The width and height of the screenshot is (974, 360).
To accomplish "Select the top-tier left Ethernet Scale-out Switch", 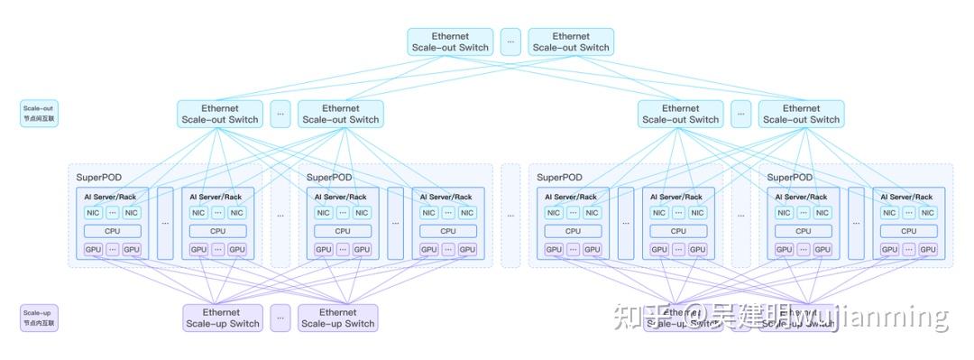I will click(449, 42).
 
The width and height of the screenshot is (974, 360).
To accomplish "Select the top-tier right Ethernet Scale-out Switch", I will click(570, 42).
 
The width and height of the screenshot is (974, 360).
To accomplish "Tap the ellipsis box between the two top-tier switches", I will click(510, 42).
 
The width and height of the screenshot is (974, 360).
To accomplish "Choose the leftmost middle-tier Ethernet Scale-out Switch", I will click(220, 114).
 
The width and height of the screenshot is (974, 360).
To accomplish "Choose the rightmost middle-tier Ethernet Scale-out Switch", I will click(800, 114).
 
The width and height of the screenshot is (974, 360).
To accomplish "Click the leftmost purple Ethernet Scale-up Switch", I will click(223, 318).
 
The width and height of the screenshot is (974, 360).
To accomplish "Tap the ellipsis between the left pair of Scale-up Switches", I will click(280, 318).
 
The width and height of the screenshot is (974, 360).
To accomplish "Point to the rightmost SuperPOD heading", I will click(790, 178).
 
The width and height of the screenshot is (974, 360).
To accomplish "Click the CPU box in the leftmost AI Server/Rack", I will click(113, 231).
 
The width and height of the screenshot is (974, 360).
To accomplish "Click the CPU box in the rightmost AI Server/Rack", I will click(909, 231).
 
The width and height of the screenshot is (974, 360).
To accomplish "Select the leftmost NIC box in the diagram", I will click(93, 213).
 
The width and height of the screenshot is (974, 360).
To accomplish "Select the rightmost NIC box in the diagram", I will click(929, 213).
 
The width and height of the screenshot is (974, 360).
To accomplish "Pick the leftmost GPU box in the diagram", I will click(93, 250).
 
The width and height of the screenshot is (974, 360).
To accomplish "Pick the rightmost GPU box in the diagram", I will click(929, 250).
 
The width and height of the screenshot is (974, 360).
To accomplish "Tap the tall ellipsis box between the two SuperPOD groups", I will click(510, 216).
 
